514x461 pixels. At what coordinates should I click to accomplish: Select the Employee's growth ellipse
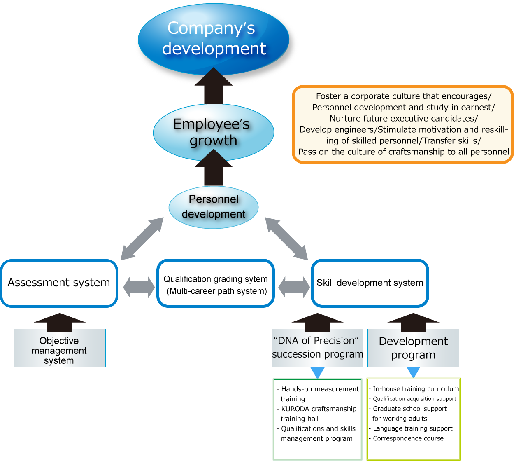pos(213,132)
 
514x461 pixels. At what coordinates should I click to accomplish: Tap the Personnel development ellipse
pos(214,207)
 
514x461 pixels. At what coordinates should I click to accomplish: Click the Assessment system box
pos(59,283)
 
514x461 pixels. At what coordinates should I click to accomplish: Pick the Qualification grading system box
pos(216,285)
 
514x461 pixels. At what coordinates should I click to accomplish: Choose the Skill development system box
pos(370,283)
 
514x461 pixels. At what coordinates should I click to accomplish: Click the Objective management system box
pos(60,350)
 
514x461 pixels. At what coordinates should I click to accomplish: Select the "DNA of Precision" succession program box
pos(317,348)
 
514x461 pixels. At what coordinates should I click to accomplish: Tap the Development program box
pos(413,348)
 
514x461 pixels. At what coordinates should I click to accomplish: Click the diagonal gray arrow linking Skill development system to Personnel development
pos(286,239)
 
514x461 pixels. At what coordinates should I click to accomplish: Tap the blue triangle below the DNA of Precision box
pos(317,373)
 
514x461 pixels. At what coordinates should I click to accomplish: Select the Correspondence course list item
pos(408,439)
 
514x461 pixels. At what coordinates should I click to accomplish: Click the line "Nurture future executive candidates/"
pos(403,119)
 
